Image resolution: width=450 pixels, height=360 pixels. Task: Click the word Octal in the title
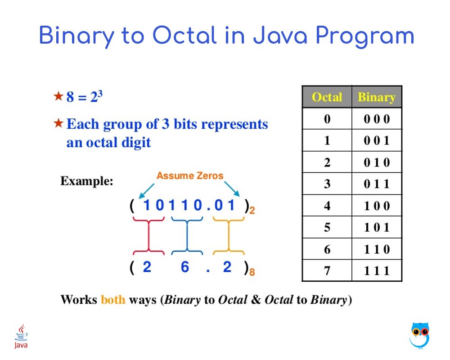click(x=184, y=36)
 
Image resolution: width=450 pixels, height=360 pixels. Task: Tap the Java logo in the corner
click(x=21, y=336)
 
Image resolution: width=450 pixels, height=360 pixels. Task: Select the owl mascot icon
click(x=420, y=335)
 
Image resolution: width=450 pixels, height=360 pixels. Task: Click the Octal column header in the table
click(x=327, y=97)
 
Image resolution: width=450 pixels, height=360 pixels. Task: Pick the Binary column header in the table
click(x=377, y=97)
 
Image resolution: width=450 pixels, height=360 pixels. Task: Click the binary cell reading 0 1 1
click(x=377, y=184)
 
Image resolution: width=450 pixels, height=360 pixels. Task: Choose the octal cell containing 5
click(x=327, y=227)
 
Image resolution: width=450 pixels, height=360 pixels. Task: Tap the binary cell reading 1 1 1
click(x=377, y=271)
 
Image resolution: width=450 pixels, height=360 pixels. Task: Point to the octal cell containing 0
click(x=327, y=118)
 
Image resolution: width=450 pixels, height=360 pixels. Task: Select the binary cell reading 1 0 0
click(x=377, y=206)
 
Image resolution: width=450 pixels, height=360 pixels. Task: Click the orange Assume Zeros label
click(x=190, y=175)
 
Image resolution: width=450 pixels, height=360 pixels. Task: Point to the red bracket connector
click(x=148, y=236)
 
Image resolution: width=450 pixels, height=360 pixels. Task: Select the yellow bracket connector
click(x=229, y=236)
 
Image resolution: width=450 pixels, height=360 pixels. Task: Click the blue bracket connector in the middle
click(x=187, y=236)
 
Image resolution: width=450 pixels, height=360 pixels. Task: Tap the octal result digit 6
click(x=185, y=267)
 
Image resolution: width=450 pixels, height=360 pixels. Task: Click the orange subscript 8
click(x=252, y=272)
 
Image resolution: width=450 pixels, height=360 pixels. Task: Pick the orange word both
click(x=113, y=300)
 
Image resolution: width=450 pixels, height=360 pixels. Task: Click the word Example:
click(x=87, y=181)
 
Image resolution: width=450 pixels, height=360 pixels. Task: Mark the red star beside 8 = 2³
click(x=58, y=96)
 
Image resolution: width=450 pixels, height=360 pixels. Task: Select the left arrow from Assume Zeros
click(x=146, y=191)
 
